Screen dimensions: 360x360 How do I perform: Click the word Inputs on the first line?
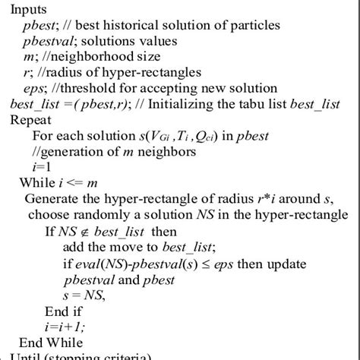(29, 9)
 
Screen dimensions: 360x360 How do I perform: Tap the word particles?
(254, 24)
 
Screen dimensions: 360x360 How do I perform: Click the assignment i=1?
(42, 167)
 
